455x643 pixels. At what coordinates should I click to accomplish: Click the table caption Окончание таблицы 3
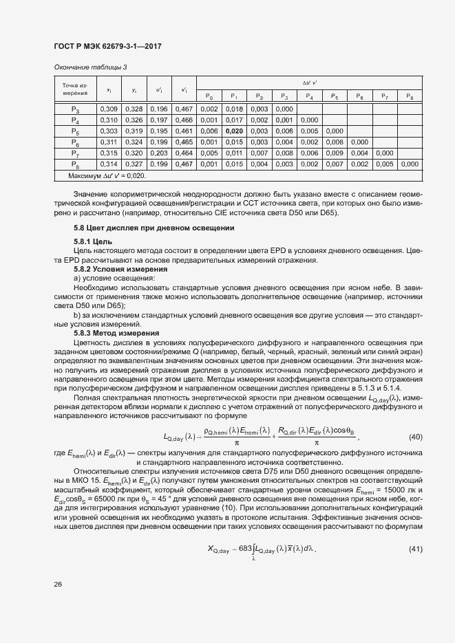click(x=90, y=67)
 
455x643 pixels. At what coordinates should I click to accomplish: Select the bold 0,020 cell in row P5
click(x=234, y=131)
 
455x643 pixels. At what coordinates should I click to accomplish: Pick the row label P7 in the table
click(x=75, y=153)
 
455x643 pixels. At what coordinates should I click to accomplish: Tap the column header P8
click(x=409, y=97)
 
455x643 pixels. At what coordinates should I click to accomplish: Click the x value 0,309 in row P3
click(x=109, y=109)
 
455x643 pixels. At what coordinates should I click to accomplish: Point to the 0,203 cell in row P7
click(x=158, y=153)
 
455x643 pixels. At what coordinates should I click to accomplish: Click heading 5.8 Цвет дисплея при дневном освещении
click(x=154, y=228)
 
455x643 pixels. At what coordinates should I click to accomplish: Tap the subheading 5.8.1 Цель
click(x=93, y=243)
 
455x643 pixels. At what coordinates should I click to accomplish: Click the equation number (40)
click(x=416, y=437)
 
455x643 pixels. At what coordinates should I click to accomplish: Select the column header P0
click(x=209, y=97)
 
